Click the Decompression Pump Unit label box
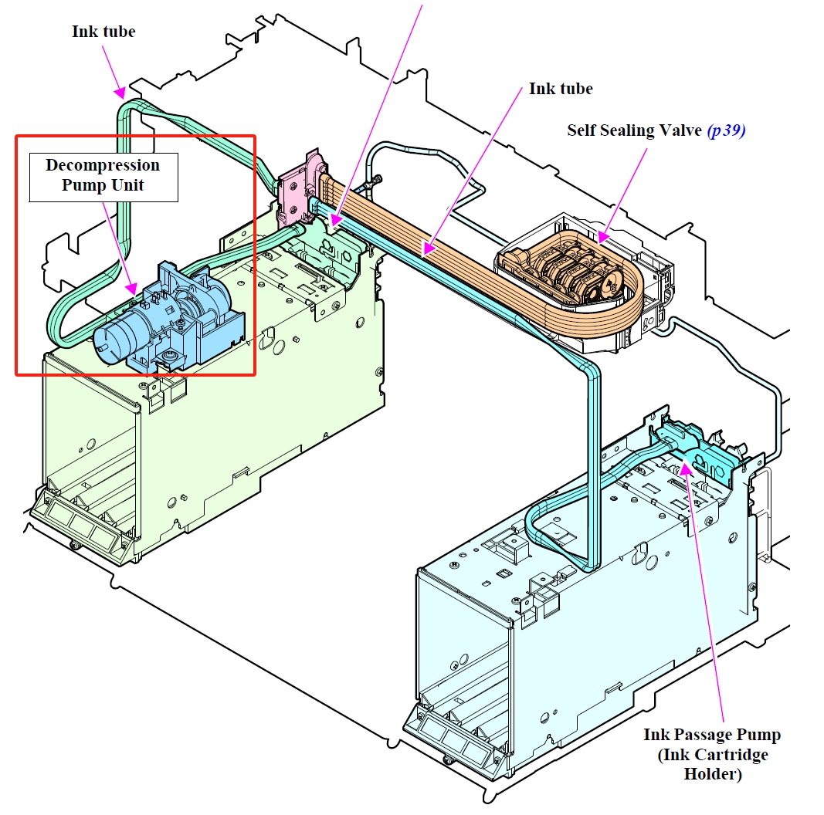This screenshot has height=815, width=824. (x=103, y=178)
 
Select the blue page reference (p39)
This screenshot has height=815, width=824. (x=726, y=130)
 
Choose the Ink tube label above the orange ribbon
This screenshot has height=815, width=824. (x=560, y=89)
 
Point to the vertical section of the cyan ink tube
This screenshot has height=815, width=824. (x=593, y=463)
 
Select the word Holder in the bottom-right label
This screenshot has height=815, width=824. (x=712, y=773)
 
